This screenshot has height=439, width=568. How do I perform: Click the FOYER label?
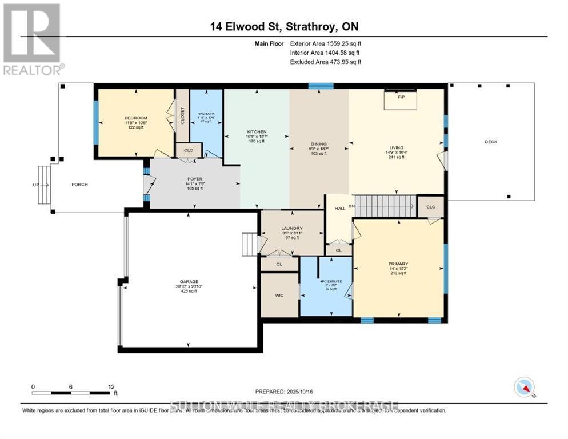click(x=195, y=179)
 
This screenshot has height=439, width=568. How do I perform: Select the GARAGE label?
click(x=189, y=282)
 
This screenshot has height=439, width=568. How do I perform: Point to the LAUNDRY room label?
click(x=291, y=229)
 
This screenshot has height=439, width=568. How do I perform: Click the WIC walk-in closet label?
click(x=279, y=295)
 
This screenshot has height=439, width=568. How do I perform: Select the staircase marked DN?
click(x=386, y=205)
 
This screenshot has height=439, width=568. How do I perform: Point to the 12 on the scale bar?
click(x=111, y=386)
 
